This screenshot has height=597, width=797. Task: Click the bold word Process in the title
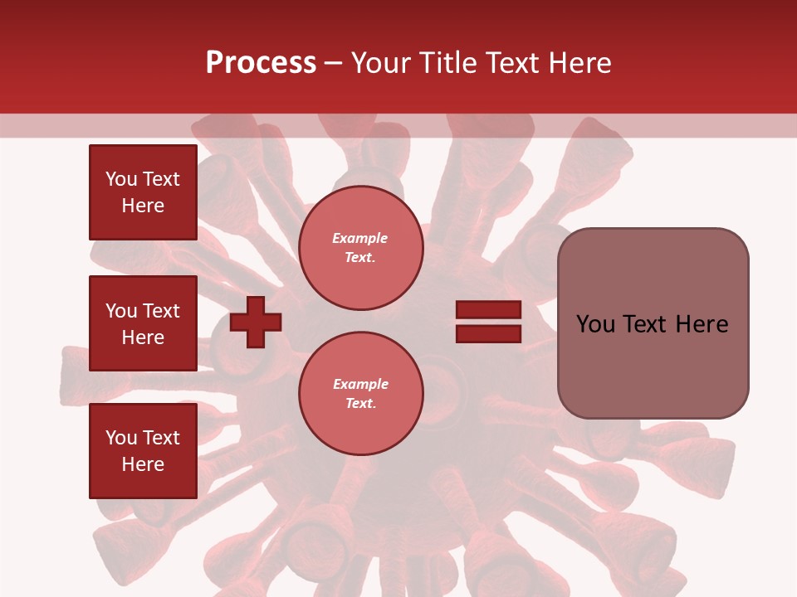coord(261,62)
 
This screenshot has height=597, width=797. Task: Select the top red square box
coord(143,192)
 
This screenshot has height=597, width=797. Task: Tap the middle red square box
coord(143,323)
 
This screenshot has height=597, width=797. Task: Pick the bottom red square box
coord(143,450)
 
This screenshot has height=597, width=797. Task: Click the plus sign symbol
coord(256,322)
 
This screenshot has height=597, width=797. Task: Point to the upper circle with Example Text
coord(360,248)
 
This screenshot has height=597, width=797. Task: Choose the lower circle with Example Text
coord(360,394)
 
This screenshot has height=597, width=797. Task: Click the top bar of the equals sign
coord(488,310)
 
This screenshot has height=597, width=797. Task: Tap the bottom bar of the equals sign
coord(488,333)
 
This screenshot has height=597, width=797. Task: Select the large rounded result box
coord(653,323)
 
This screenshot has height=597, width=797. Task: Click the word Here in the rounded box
coord(702,324)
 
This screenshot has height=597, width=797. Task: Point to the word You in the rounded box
coord(595,324)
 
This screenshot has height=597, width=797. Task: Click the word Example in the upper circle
coord(360,239)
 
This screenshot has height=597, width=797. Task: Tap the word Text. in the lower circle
coord(360,404)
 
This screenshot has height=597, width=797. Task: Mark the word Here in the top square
coord(143,206)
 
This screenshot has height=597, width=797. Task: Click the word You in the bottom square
coord(121,438)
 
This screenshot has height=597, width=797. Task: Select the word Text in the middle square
coord(160,311)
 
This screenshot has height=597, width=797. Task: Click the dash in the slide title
coord(333,63)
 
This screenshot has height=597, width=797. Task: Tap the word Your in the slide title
coord(380,62)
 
